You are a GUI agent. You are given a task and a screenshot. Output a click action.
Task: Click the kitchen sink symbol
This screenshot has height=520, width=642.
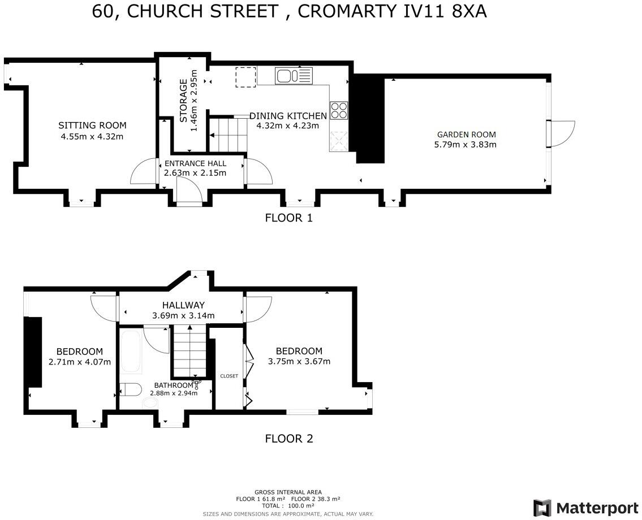point(294,75)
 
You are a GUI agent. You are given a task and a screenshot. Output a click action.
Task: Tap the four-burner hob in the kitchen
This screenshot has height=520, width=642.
point(339,110)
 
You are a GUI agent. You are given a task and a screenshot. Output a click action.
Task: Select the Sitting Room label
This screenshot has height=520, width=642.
point(92,125)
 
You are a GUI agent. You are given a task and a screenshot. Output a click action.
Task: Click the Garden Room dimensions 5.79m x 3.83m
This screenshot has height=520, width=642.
point(466,144)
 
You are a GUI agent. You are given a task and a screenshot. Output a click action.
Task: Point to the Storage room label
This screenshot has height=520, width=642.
point(183,101)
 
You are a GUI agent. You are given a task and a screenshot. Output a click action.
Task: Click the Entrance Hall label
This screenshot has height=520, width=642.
point(195,163)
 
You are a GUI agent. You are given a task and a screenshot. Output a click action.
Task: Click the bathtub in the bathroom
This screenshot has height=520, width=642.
point(131,352)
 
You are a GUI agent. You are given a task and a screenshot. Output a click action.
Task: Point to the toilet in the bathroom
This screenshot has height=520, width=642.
point(131,389)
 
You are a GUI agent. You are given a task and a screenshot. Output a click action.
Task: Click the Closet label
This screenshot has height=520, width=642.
point(229,376)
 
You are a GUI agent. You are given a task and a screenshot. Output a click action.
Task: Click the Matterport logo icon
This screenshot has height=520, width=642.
point(542,507)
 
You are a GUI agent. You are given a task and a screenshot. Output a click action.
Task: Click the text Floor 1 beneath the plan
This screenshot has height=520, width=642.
point(288,218)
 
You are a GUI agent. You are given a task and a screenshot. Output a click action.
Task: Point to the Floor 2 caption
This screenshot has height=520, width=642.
point(288,438)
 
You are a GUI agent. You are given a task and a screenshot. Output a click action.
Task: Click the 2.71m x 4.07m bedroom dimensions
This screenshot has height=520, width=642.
point(79,362)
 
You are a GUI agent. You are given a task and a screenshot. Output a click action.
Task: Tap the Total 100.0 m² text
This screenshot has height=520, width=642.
point(288,506)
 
